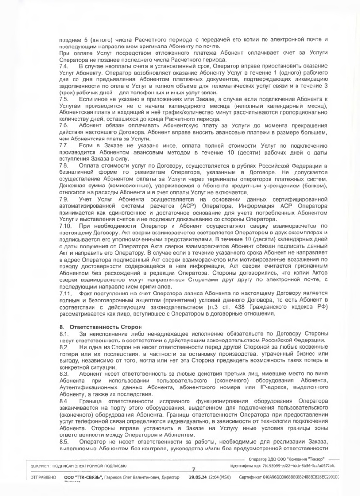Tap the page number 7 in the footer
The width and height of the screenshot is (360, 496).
click(x=194, y=469)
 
